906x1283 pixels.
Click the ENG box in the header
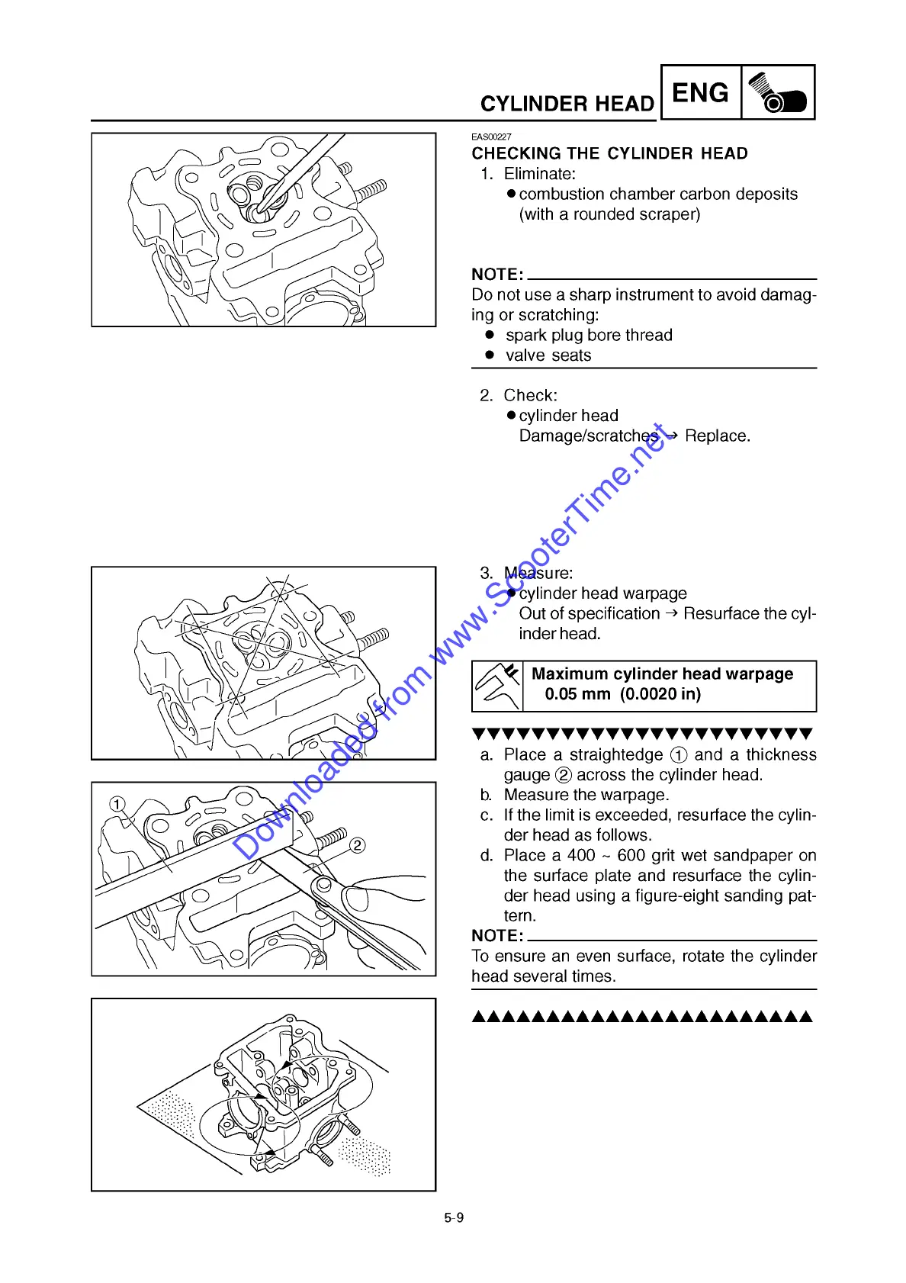point(700,93)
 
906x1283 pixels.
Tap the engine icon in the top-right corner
point(777,93)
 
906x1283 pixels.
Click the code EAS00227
point(491,137)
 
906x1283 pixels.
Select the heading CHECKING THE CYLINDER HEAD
point(609,153)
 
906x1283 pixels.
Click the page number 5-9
point(454,1217)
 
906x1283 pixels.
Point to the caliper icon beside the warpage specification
point(497,685)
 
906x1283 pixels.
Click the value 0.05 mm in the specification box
point(577,694)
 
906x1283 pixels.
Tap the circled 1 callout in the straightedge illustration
point(117,804)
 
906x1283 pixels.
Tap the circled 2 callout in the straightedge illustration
point(357,845)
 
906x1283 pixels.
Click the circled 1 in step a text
point(679,755)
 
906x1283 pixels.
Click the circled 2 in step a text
point(564,775)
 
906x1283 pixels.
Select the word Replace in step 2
point(716,436)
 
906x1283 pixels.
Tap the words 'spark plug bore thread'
point(589,335)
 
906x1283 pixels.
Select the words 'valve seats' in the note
point(548,355)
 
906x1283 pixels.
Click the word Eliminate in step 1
point(539,174)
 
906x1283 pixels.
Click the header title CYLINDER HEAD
point(567,104)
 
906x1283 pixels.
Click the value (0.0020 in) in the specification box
point(660,694)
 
